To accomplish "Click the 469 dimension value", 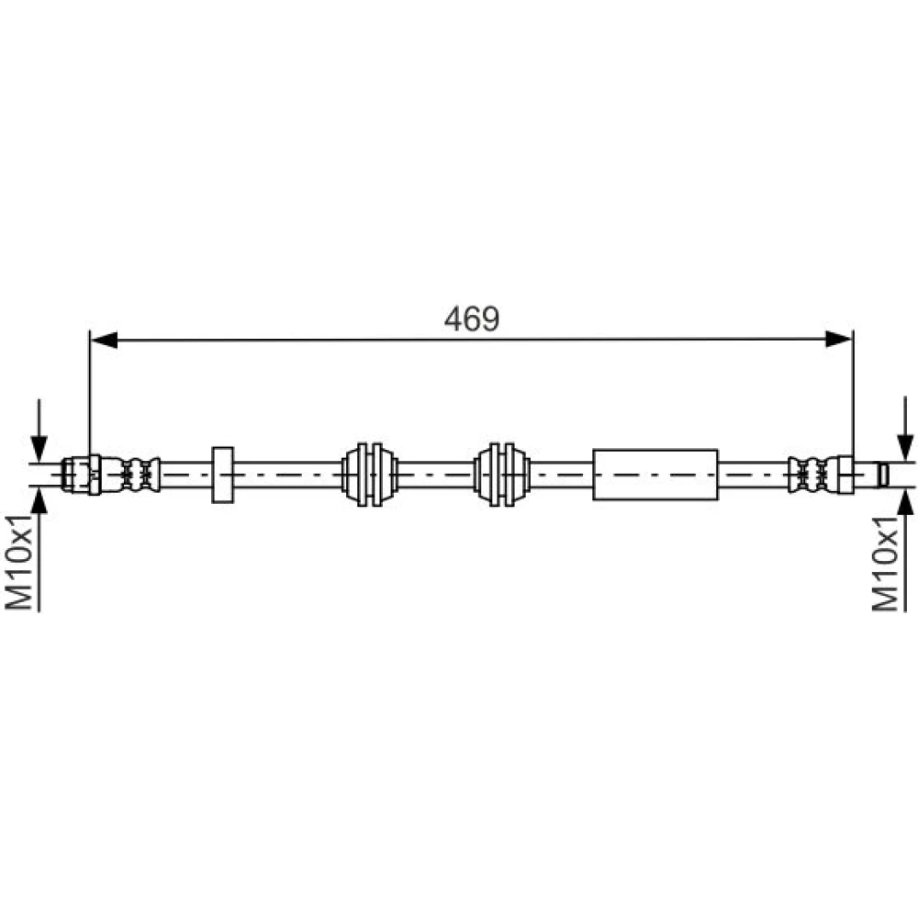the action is (471, 319).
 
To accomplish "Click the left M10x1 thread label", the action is (18, 562).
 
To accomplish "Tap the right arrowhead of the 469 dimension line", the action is (838, 339).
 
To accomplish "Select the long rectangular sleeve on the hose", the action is (655, 475).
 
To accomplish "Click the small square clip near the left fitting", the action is (222, 475).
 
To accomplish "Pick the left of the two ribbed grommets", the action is (369, 475).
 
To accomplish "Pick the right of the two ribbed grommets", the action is (502, 475).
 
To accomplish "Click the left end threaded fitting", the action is (82, 475).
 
